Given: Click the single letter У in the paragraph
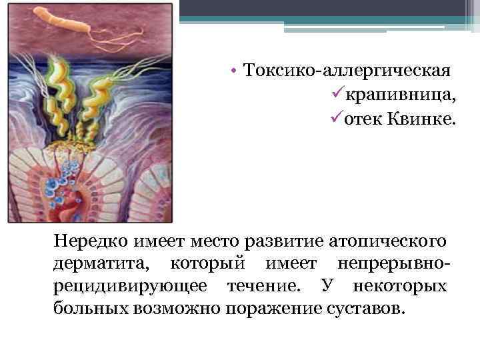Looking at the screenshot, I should click(x=326, y=287).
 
